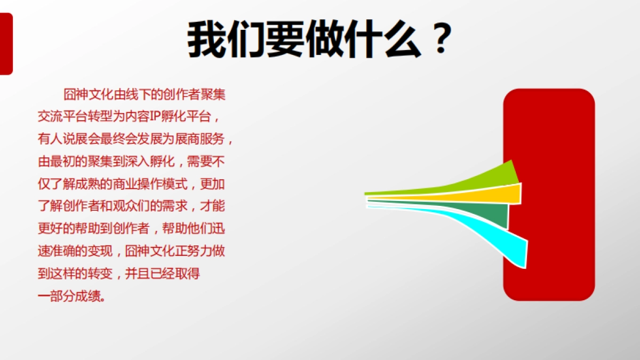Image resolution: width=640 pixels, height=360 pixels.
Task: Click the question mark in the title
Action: (439, 39)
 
